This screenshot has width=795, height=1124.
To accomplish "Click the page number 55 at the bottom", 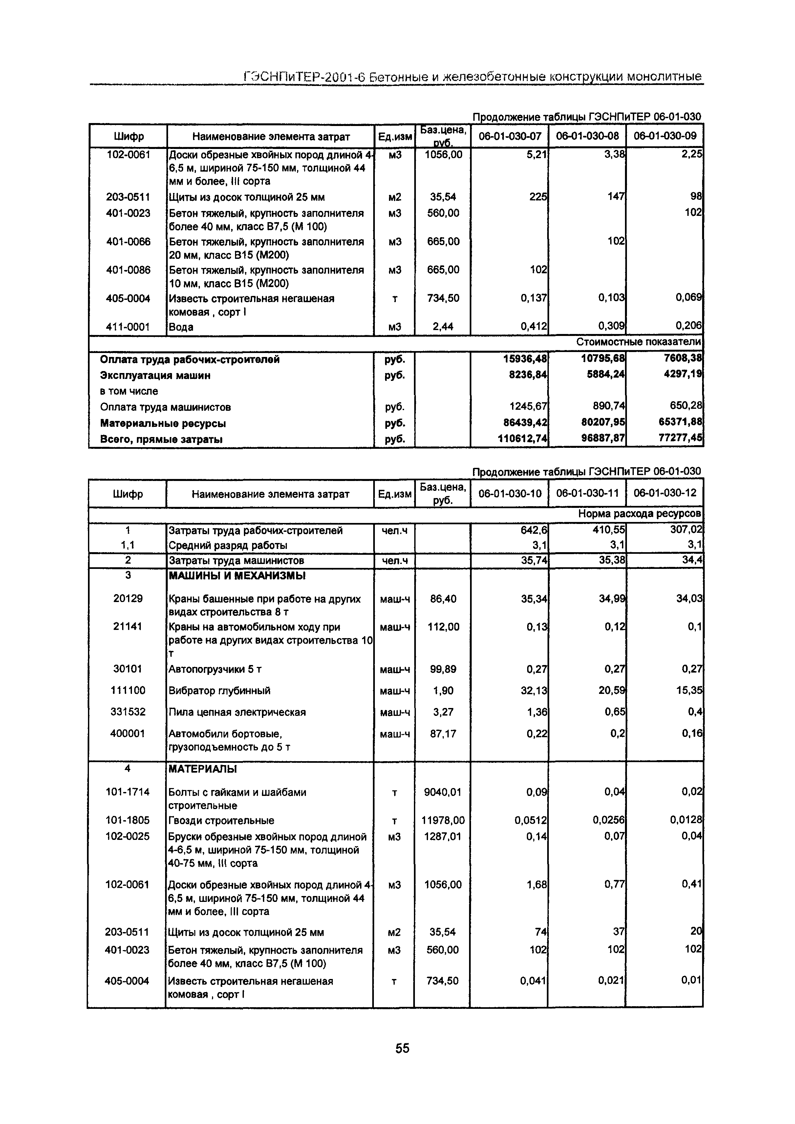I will click(402, 1048).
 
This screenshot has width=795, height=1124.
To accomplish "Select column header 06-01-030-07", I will click(509, 135).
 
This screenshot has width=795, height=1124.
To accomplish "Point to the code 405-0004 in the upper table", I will click(128, 298).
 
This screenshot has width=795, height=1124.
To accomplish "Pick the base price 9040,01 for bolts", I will click(442, 792).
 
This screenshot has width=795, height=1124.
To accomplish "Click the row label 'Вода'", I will click(181, 327).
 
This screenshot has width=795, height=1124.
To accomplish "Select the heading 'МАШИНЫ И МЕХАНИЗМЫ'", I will click(237, 576).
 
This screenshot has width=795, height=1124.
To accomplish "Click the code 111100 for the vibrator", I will click(128, 690).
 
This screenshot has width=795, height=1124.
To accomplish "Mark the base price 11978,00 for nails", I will click(443, 820).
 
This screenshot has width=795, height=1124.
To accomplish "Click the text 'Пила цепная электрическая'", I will click(237, 712).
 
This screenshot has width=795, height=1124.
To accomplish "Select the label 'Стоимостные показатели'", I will click(638, 342).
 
